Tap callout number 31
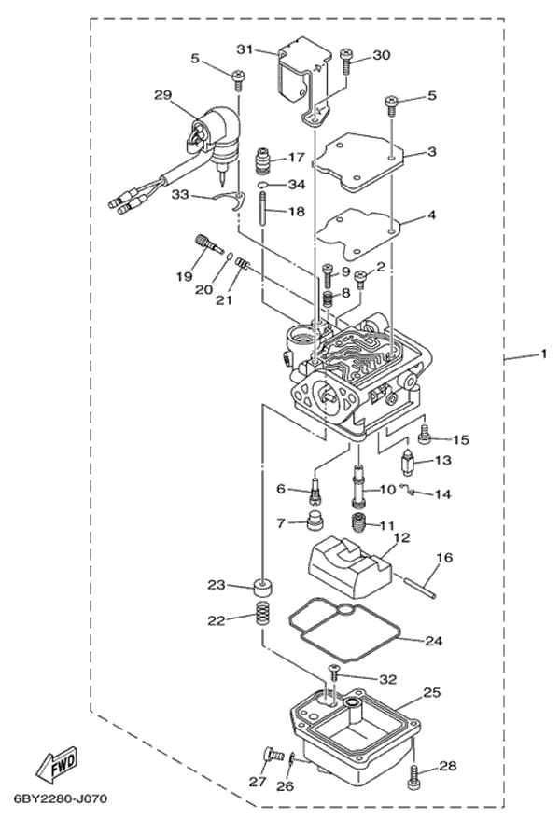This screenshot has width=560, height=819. pos(245,49)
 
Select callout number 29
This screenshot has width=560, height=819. pos(163,95)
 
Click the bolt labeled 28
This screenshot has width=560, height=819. pos(415,777)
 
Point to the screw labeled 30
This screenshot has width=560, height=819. pos(347,62)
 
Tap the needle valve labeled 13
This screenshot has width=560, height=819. pos(408,462)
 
